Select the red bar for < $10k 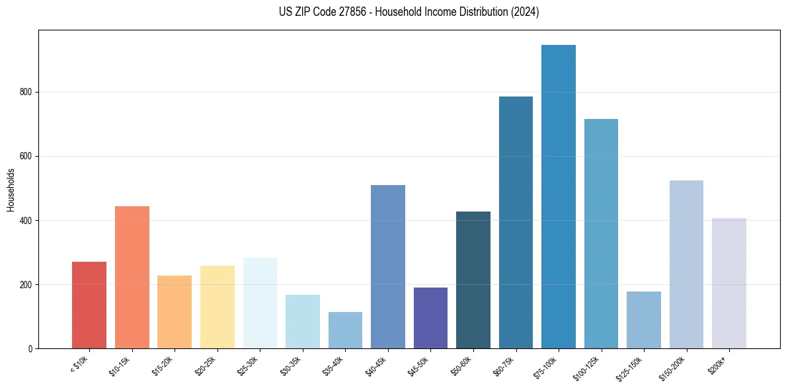click(x=89, y=305)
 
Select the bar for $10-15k click(x=132, y=277)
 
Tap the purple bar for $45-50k click(x=430, y=317)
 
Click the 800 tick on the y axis click(x=28, y=93)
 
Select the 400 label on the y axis click(x=28, y=221)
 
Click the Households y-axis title click(x=11, y=190)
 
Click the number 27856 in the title click(x=350, y=12)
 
